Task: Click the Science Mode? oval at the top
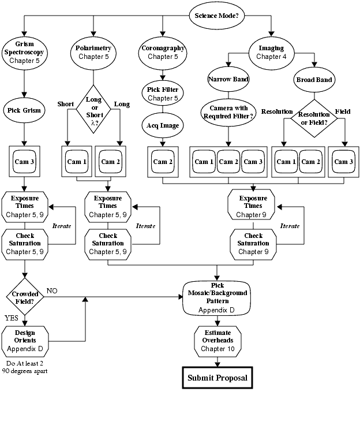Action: click(x=217, y=15)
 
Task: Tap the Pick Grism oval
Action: click(x=24, y=109)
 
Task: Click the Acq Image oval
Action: click(x=163, y=125)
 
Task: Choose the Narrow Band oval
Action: click(x=229, y=79)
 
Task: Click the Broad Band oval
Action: click(x=314, y=79)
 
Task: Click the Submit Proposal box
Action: click(x=218, y=378)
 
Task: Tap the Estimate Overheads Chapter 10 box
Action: click(x=217, y=341)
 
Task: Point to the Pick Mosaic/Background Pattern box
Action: click(x=217, y=298)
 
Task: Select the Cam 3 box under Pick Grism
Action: click(x=24, y=162)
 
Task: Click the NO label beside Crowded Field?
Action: click(x=52, y=290)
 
